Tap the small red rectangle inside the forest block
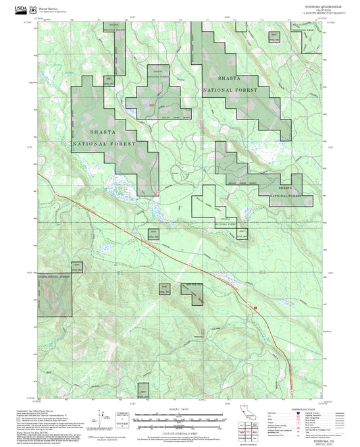click(153, 105)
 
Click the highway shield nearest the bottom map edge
click(291, 389)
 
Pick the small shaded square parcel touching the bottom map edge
click(143, 392)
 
